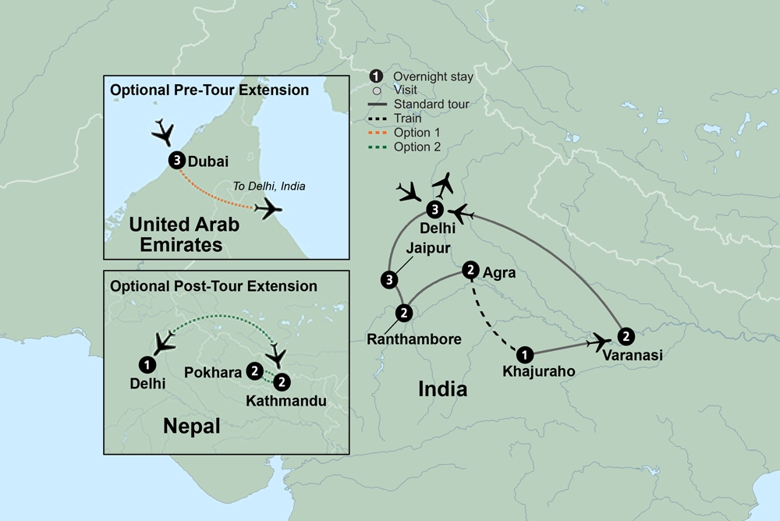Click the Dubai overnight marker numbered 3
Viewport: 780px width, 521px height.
click(x=176, y=161)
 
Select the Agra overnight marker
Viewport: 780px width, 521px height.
click(x=470, y=270)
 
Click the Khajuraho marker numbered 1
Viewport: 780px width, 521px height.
click(x=526, y=353)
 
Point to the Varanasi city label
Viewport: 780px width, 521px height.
click(x=633, y=355)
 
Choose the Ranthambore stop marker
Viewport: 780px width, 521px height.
click(x=404, y=313)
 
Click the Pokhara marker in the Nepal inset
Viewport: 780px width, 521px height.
click(x=253, y=371)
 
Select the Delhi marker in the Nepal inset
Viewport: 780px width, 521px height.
click(x=146, y=363)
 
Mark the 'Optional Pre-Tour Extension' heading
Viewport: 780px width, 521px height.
click(x=209, y=90)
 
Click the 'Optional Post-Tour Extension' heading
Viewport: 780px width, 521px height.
click(x=213, y=285)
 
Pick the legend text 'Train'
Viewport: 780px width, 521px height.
click(x=407, y=119)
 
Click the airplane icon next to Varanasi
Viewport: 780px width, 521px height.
click(x=599, y=341)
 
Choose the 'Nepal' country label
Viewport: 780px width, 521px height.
click(x=191, y=426)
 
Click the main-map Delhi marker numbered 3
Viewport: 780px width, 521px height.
click(x=435, y=209)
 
